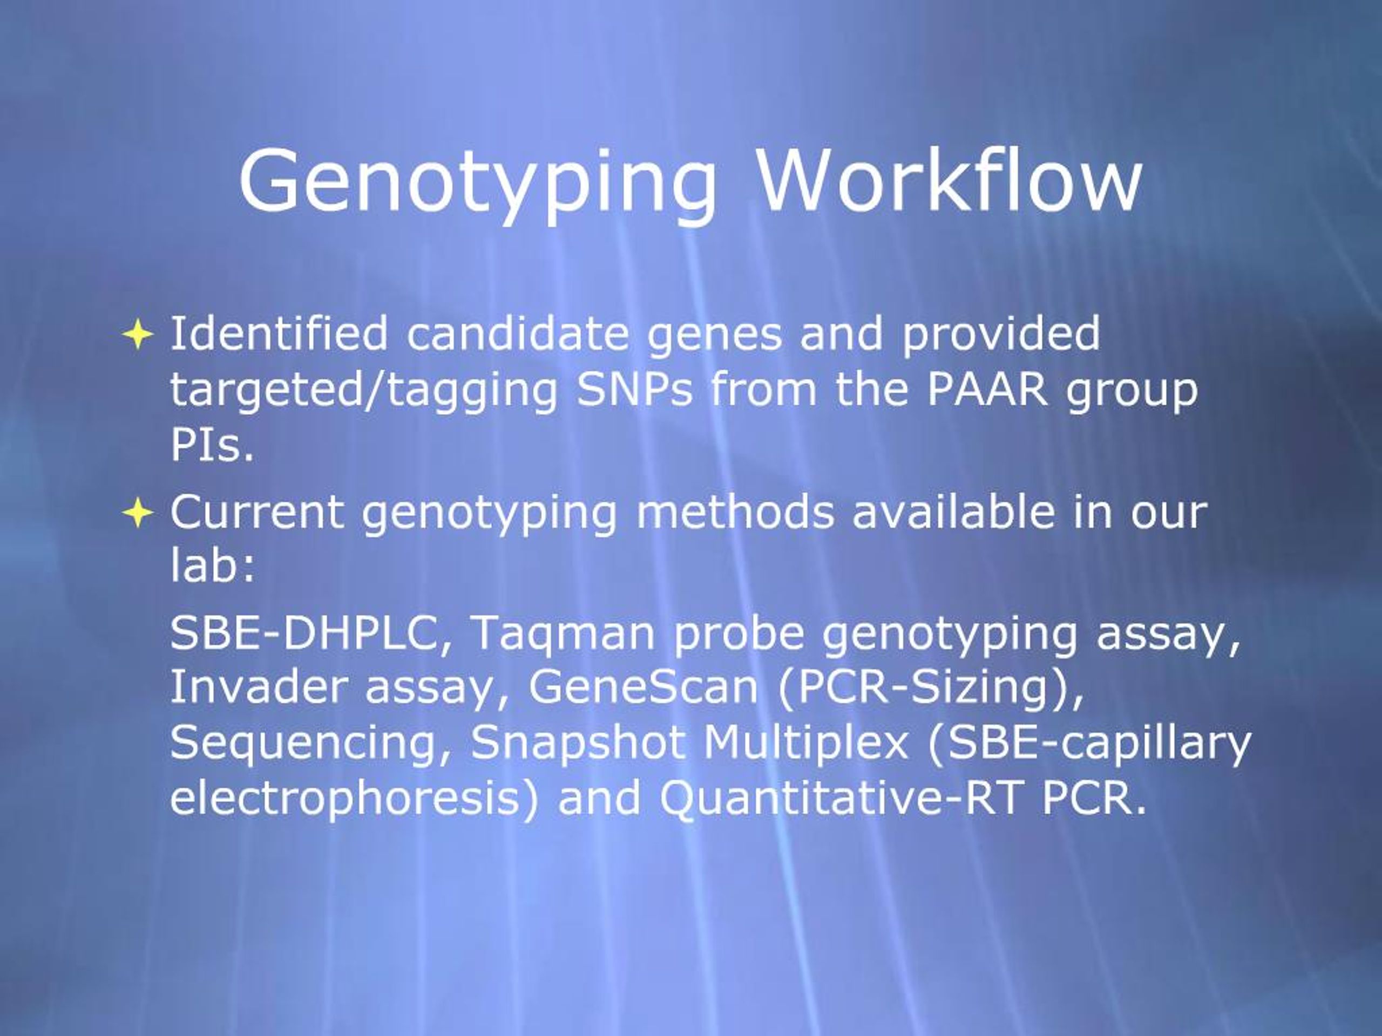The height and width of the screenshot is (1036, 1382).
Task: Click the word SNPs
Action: pos(634,390)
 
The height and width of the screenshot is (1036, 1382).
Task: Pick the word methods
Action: pos(735,512)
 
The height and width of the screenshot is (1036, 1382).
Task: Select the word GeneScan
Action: pos(643,687)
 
